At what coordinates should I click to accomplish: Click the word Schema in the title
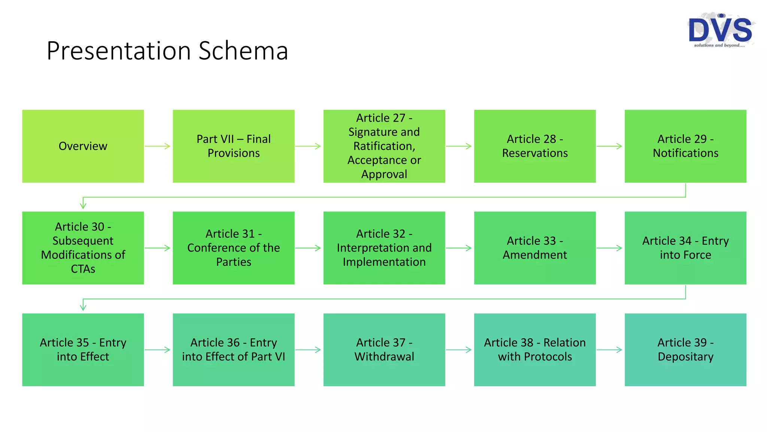[243, 51]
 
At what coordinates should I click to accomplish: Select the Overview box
[83, 146]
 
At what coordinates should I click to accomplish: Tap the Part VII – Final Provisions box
[233, 146]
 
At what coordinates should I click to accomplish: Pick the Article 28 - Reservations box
[534, 146]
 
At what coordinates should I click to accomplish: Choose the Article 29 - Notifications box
[685, 146]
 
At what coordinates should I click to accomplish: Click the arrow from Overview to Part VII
[158, 146]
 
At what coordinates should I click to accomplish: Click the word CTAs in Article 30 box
[83, 269]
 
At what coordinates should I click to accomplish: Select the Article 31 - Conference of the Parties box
[233, 248]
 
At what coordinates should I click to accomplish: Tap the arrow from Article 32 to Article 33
[459, 248]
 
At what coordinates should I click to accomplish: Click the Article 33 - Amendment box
[534, 248]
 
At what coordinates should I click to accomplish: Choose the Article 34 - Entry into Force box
[685, 248]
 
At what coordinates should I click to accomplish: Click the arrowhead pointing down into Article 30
[83, 205]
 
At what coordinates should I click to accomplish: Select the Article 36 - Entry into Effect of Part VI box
[233, 349]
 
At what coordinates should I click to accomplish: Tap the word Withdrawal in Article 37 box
[384, 357]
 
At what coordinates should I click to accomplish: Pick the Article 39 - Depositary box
[685, 349]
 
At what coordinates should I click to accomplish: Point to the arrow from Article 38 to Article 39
[609, 350]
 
